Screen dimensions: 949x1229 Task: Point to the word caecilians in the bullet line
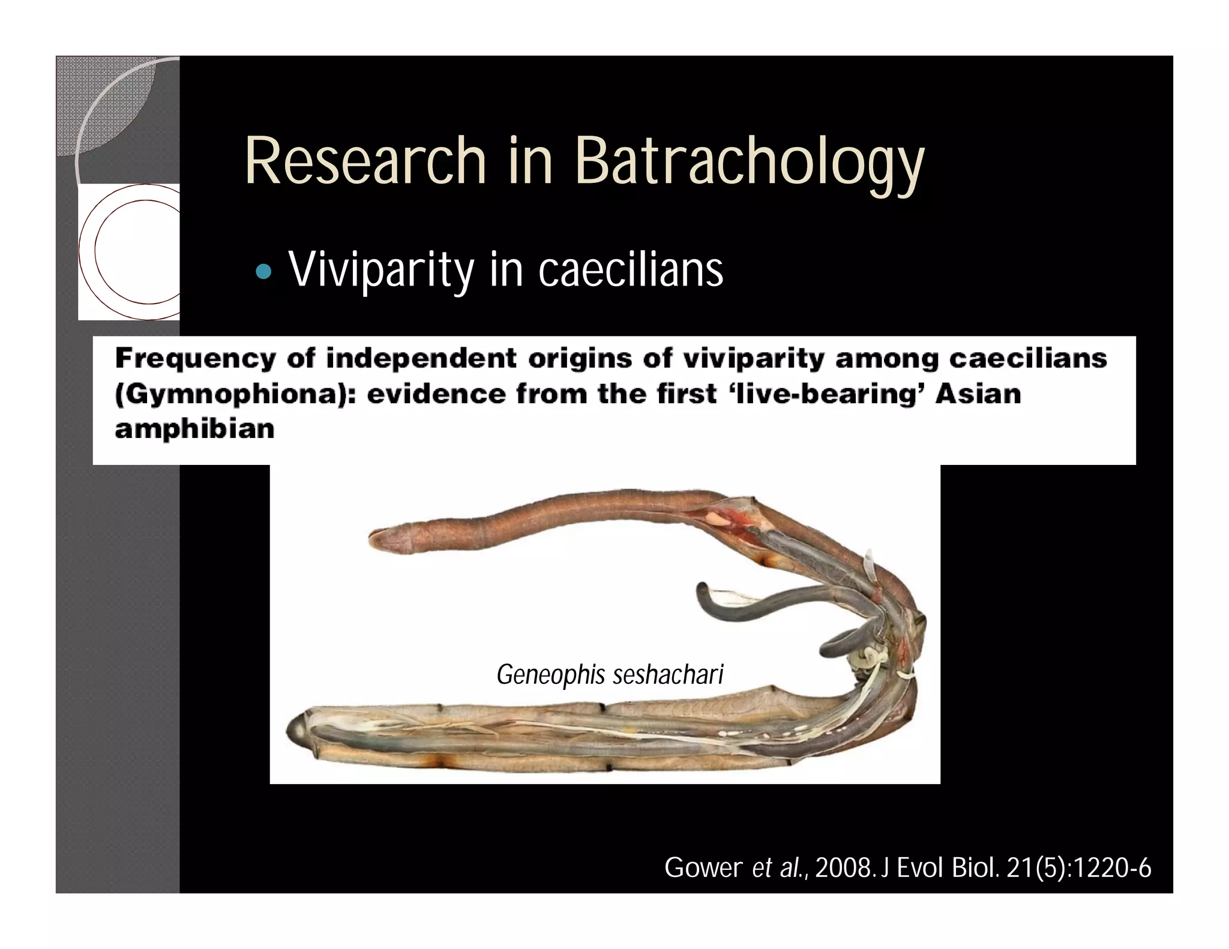coord(631,270)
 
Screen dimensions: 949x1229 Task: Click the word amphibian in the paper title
coord(194,429)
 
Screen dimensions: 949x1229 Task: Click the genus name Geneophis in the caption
coord(551,675)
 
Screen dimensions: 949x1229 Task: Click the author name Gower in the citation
coord(703,868)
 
